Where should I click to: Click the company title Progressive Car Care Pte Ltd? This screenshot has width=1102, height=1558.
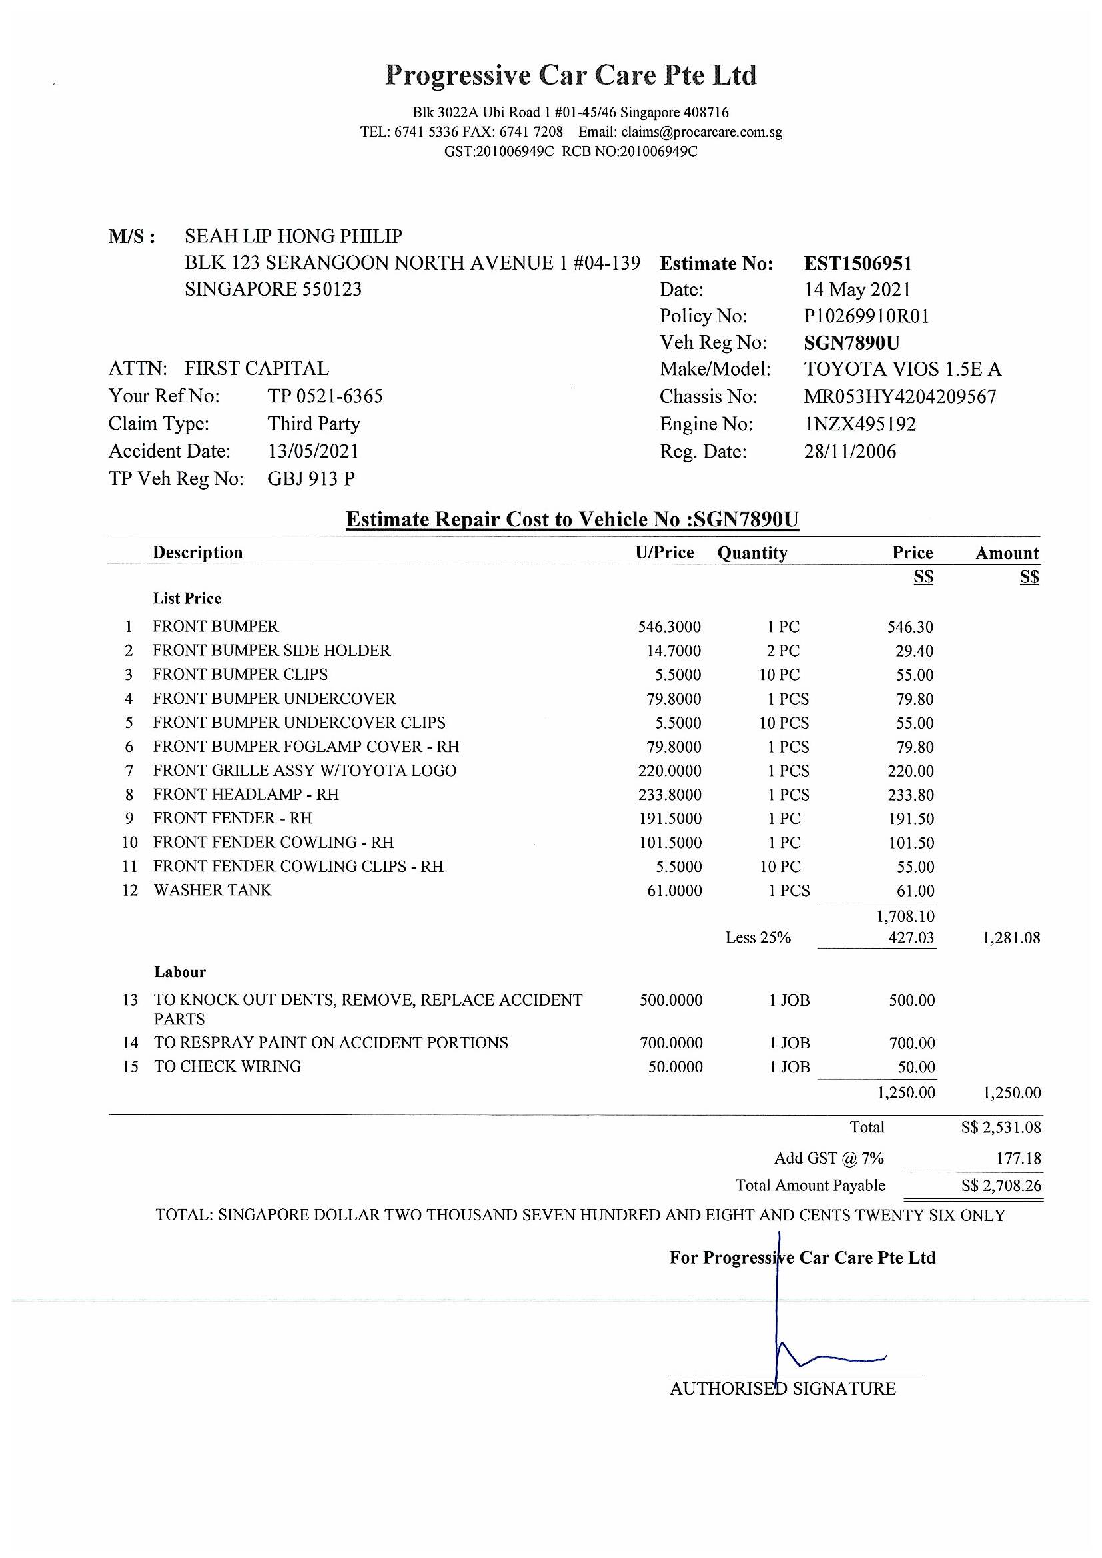coord(571,75)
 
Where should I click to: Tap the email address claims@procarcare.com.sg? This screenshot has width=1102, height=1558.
coord(702,132)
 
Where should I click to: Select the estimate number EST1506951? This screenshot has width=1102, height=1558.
coord(857,263)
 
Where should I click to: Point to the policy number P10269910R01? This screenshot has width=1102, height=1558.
coord(866,316)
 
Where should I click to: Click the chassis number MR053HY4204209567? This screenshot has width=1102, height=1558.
coord(899,396)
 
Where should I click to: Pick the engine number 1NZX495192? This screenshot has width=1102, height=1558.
coord(859,424)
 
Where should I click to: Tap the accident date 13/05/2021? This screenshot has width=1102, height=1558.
coord(313,451)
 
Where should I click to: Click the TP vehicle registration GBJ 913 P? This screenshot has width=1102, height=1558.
coord(310,479)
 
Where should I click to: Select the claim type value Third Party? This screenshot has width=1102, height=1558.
coord(314,424)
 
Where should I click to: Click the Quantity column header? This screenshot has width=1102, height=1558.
coord(752,553)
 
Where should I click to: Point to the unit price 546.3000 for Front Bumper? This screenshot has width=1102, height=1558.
coord(669,627)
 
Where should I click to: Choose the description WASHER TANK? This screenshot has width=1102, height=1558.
coord(213,891)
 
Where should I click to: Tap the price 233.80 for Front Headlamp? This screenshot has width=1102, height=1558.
coord(911,795)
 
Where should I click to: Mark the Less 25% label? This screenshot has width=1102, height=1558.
coord(758,938)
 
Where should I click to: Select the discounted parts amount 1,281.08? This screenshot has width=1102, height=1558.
coord(1011,938)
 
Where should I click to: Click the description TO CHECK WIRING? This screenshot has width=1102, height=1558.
coord(227,1066)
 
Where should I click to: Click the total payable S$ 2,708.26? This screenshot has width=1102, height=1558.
coord(1001,1186)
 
